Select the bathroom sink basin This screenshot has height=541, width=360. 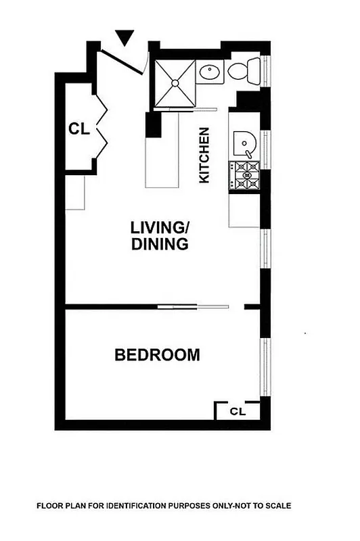212,72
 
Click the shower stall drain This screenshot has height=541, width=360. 176,83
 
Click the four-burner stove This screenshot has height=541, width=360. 244,175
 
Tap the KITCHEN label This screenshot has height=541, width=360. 204,156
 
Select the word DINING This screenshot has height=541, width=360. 160,244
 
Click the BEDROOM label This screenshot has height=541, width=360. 157,354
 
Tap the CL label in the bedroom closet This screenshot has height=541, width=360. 237,410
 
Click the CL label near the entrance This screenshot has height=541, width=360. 79,128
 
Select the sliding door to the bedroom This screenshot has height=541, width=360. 194,307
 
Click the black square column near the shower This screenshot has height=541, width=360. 154,126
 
